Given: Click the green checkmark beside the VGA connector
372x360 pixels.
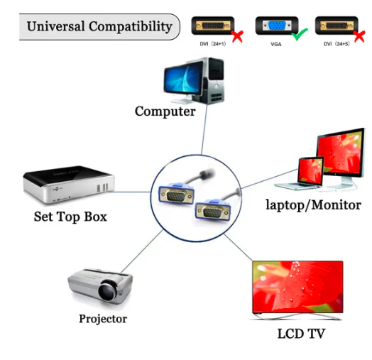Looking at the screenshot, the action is coord(300,34).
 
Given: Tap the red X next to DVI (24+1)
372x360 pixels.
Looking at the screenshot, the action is coord(238,36).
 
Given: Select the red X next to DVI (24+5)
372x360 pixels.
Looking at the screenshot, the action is coord(360,36).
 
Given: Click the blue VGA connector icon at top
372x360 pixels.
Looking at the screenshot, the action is coord(277,26).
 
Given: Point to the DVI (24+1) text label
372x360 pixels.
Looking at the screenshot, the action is coord(213,44).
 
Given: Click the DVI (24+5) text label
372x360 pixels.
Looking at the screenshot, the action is coord(337,44).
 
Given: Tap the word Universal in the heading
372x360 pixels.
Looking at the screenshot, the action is coord(56,26).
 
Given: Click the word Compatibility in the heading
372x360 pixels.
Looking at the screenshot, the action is coord(131,26).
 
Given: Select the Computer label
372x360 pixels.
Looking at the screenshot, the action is coord(165,111).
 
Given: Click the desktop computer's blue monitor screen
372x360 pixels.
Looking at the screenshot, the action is coord(182,77).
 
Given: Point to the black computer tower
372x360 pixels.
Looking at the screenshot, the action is coord(215,80).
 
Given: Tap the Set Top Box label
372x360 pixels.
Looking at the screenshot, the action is coord(70,217).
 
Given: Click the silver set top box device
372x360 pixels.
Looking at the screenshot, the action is coord(69,185).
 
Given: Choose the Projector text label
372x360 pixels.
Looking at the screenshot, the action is coord(103,319).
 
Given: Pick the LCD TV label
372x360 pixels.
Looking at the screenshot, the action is coord(301,334).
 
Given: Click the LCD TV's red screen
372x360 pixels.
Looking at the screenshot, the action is coord(297,287).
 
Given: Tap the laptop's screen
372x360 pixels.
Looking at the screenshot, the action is coord(310,170).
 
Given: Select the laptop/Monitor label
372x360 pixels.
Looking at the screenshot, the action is coord(313,204).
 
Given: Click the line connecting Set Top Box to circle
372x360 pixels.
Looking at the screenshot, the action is coord(129,192).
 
